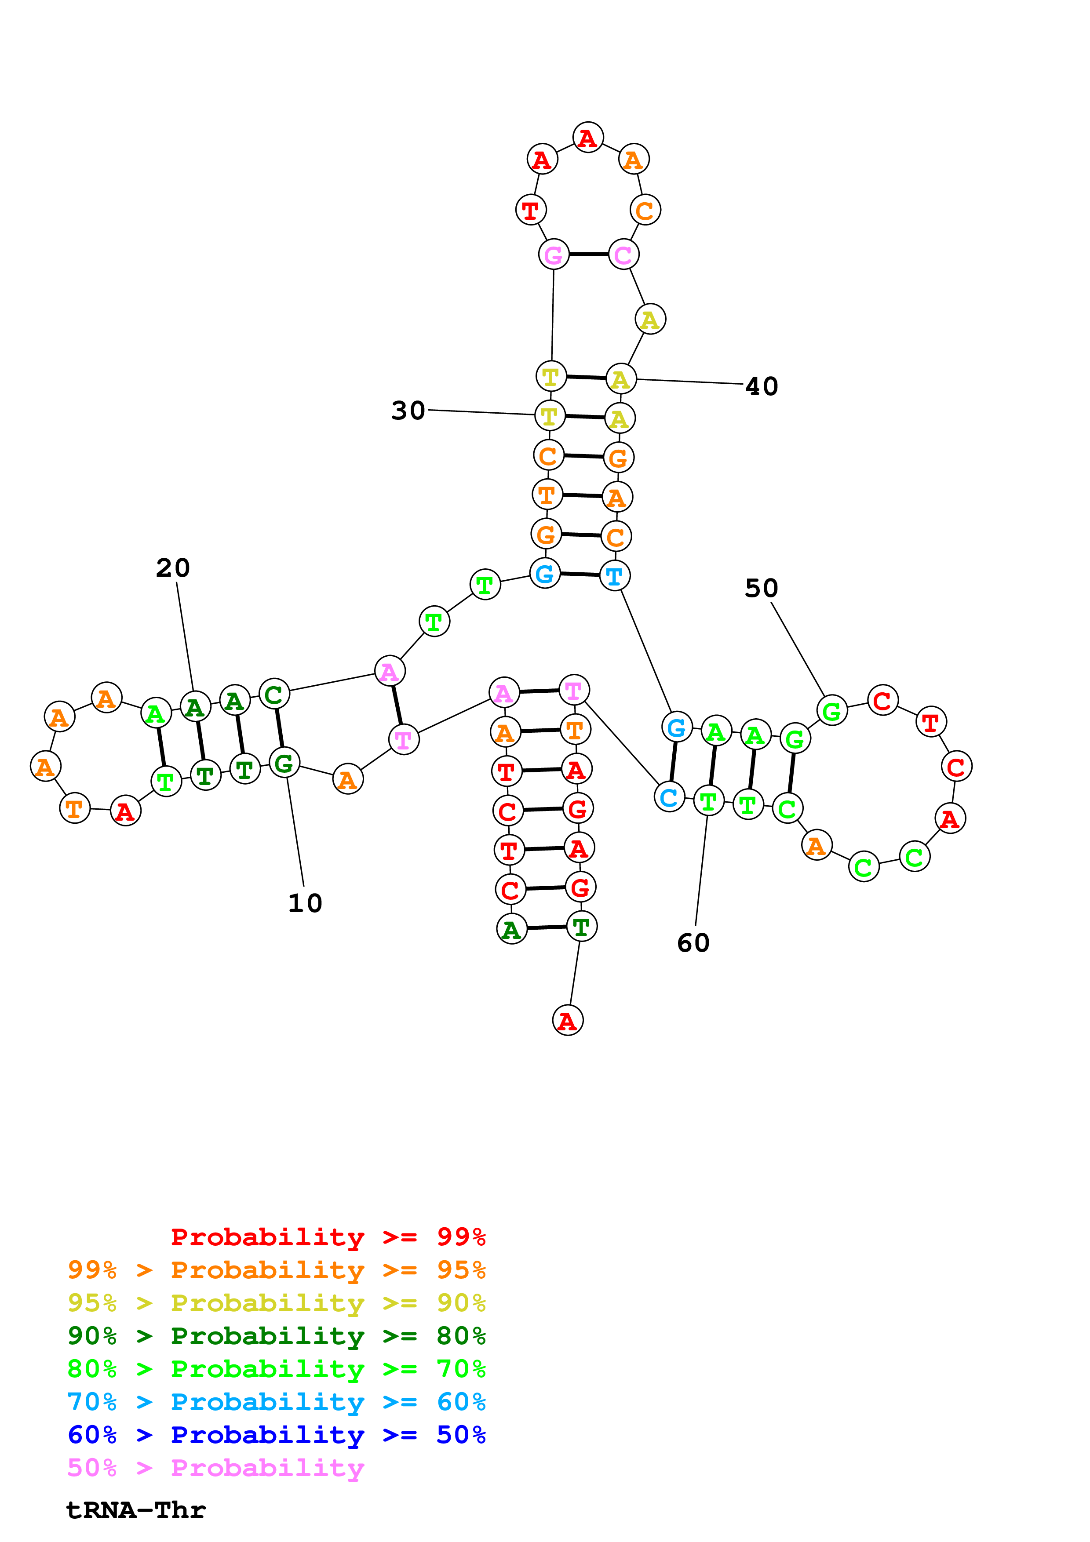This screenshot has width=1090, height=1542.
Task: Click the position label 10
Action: [305, 903]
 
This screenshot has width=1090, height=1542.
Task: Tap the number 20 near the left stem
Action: [173, 568]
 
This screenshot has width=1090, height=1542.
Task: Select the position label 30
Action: [408, 411]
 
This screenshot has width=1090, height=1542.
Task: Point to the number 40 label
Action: [762, 386]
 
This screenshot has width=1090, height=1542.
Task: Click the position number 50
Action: [761, 588]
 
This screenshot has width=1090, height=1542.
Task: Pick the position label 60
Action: [693, 943]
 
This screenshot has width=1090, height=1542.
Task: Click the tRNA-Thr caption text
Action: [136, 1510]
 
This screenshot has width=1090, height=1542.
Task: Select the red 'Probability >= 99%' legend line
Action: [328, 1237]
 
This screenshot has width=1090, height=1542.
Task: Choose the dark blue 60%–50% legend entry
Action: [276, 1435]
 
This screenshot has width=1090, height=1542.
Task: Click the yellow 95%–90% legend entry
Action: [276, 1303]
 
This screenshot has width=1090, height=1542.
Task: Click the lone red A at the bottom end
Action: [568, 1021]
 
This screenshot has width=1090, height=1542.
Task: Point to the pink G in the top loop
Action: [554, 255]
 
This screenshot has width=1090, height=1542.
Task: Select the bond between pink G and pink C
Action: [588, 255]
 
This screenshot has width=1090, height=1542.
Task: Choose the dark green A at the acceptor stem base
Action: [512, 930]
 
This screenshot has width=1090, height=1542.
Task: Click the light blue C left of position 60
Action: [669, 797]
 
